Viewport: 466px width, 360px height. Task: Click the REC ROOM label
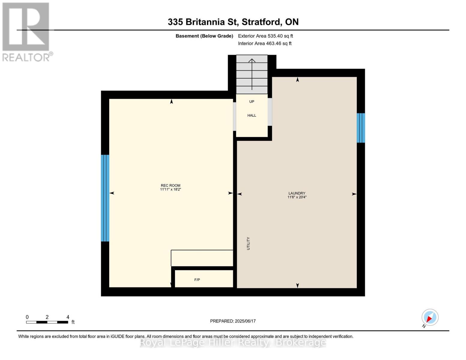tap(170, 185)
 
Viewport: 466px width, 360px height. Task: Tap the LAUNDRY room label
tap(297, 193)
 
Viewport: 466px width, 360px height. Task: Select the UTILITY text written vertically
tap(248, 243)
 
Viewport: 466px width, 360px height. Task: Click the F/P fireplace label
tap(197, 280)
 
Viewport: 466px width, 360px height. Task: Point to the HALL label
tap(252, 115)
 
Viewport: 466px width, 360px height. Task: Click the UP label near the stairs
tap(252, 102)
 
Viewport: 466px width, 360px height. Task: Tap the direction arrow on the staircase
tap(252, 73)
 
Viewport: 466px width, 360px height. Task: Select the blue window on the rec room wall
tap(105, 198)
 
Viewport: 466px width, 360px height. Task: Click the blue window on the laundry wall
tap(361, 128)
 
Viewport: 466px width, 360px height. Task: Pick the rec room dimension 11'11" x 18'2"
tap(170, 190)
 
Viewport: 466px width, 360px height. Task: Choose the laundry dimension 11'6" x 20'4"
tap(297, 197)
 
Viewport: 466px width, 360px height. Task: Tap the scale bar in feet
tap(47, 322)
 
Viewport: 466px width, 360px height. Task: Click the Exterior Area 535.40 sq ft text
tap(265, 36)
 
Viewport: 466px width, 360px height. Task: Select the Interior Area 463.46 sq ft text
tap(265, 43)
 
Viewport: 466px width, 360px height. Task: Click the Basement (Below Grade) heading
tap(204, 36)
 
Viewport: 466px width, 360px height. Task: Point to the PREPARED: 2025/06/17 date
tap(233, 321)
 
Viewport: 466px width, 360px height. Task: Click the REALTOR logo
tap(26, 31)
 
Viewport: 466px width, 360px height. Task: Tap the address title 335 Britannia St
tap(233, 22)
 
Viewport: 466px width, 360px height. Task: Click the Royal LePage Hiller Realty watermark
tap(233, 342)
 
